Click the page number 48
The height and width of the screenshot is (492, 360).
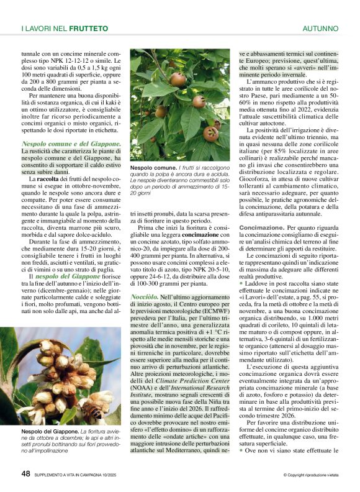pyautogui.click(x=25, y=473)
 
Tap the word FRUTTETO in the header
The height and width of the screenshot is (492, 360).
pyautogui.click(x=88, y=29)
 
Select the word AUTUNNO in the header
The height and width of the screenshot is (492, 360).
pyautogui.click(x=320, y=29)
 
